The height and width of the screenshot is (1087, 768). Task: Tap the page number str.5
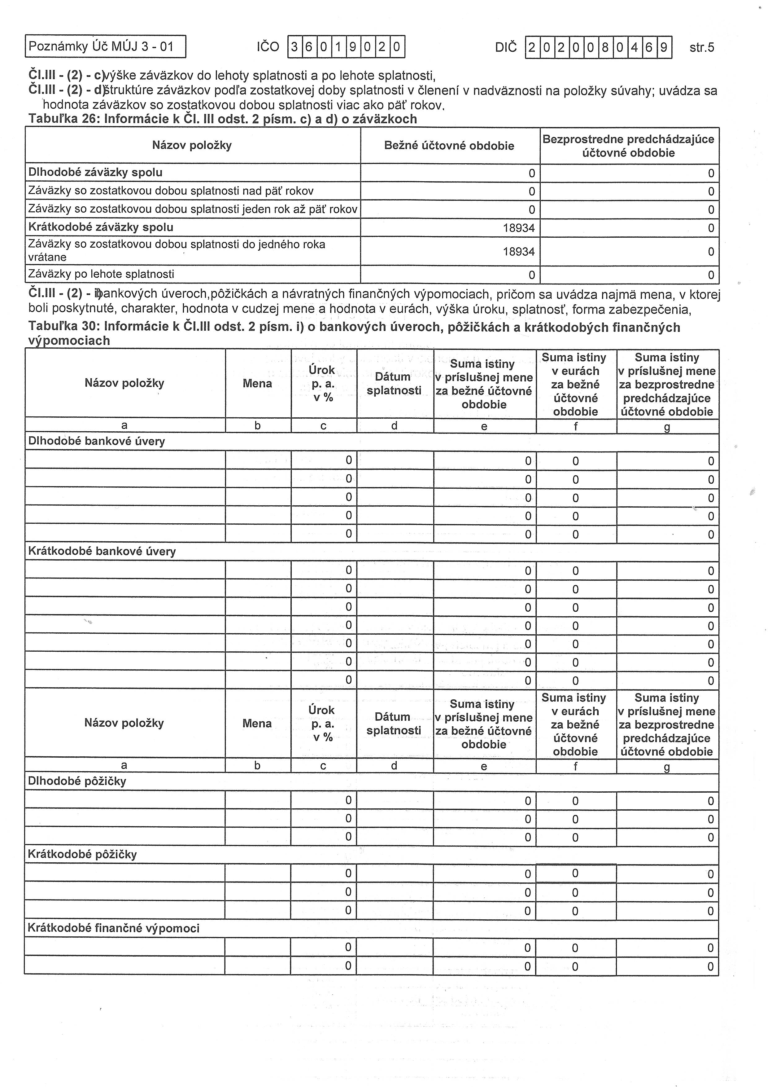point(702,47)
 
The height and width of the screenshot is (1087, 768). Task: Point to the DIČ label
point(506,47)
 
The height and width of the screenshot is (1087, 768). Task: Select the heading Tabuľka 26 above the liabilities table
point(222,119)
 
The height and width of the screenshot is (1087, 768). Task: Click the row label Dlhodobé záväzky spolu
point(96,172)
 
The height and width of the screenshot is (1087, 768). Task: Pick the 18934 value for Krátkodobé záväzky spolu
point(519,228)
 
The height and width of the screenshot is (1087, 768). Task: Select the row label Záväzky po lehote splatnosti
point(101,274)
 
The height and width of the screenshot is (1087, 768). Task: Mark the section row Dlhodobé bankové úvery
point(97,441)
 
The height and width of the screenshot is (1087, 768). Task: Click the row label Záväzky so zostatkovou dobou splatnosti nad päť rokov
point(171,191)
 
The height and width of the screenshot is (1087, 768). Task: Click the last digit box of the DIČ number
point(664,47)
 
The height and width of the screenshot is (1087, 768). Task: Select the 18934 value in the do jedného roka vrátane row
point(519,251)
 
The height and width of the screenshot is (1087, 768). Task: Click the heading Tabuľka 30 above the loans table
point(354,333)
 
